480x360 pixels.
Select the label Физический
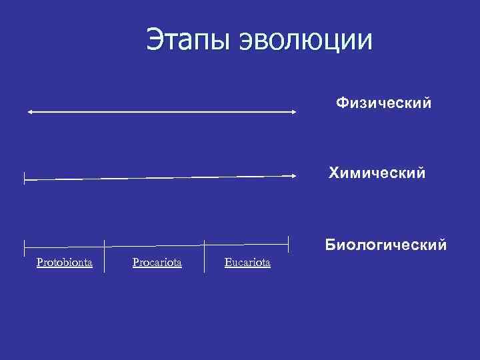pos(383,103)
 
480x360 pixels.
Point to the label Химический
pos(377,174)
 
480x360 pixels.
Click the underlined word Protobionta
pos(65,263)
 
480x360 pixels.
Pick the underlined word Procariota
pos(157,263)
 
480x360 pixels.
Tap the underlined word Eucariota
pos(247,263)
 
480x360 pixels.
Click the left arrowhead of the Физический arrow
pos(29,112)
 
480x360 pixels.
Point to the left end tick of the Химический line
pos(25,178)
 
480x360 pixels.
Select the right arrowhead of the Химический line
pos(293,175)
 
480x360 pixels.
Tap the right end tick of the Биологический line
pos(288,245)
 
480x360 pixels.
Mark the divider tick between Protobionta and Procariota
pos(105,255)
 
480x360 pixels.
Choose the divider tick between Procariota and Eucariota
pos(205,255)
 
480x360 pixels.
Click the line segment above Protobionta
pos(65,248)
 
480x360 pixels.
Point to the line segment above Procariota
pos(155,247)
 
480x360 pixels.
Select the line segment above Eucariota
pos(247,246)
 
